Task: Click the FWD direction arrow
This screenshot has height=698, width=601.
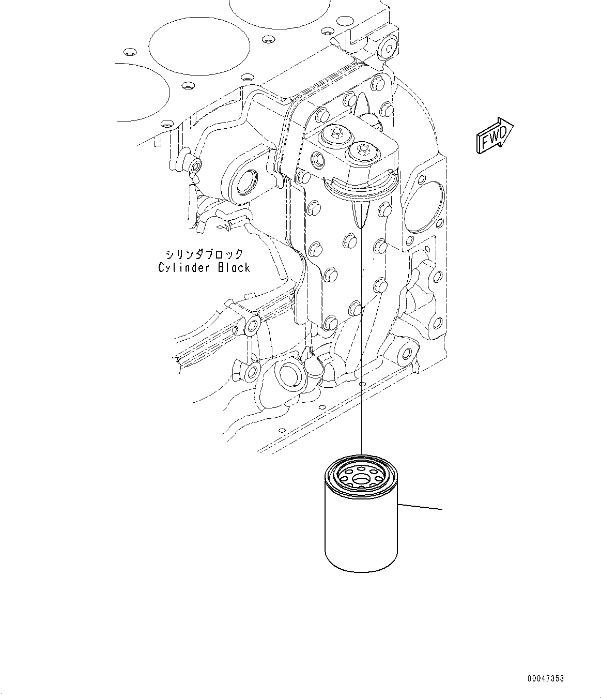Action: (x=494, y=136)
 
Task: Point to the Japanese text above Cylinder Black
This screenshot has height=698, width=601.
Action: (x=204, y=254)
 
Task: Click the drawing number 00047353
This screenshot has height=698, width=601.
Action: (x=546, y=678)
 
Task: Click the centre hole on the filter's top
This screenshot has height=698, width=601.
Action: (x=361, y=479)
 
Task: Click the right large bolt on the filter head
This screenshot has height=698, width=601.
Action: (x=361, y=151)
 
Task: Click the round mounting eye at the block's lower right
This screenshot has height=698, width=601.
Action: (x=406, y=353)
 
